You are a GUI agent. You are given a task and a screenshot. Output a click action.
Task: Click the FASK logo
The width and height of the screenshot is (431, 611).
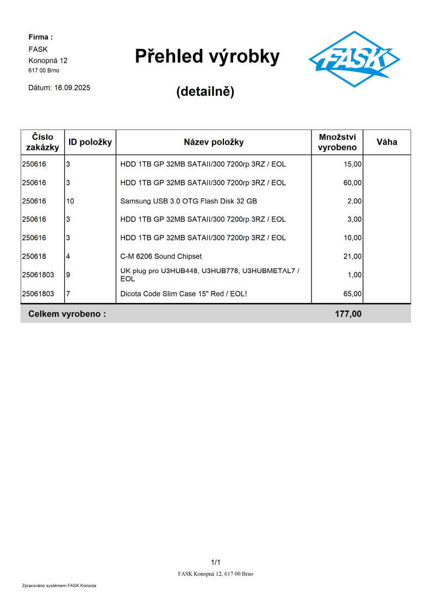pos(354,59)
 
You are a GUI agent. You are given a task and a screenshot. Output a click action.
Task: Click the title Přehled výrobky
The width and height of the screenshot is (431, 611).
pos(207,56)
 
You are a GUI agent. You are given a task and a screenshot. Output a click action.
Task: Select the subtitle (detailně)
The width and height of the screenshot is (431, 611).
pos(205,91)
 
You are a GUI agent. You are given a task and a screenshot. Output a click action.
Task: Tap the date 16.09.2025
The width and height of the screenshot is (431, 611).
pos(72,88)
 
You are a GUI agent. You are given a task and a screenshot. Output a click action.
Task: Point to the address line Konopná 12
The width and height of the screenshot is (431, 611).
pos(48,60)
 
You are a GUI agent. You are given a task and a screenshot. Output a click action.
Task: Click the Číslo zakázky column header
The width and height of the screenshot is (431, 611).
pos(42,142)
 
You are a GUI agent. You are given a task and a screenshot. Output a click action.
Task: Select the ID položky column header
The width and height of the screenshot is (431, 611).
pos(90,142)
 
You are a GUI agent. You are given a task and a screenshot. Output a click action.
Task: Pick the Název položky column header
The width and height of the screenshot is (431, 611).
pos(214,142)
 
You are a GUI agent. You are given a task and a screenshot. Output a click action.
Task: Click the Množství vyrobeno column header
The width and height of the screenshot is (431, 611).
pos(337,142)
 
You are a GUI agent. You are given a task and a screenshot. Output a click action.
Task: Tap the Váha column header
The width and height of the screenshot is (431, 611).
pos(386,142)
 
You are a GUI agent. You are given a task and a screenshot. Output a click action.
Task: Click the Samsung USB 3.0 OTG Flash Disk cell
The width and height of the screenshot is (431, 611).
pos(189,201)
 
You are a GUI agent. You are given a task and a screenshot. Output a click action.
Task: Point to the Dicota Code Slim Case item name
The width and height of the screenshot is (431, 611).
pos(184,294)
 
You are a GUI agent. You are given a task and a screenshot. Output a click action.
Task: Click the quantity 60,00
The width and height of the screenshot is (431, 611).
pos(352,183)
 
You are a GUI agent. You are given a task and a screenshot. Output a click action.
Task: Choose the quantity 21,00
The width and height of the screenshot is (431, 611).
pos(352,256)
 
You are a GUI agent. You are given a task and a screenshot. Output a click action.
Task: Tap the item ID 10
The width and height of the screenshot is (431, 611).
pos(70,201)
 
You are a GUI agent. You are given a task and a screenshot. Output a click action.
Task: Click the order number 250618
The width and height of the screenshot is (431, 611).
pos(34,256)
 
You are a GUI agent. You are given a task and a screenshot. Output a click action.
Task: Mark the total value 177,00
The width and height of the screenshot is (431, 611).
pos(348,313)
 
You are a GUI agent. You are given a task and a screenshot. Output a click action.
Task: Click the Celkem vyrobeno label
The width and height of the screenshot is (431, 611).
pos(67,313)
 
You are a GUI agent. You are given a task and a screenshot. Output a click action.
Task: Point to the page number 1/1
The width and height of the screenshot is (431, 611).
pos(215,562)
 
